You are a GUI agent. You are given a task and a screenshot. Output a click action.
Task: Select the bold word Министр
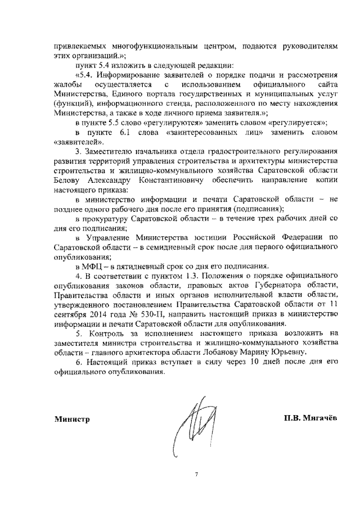click(x=72, y=419)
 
